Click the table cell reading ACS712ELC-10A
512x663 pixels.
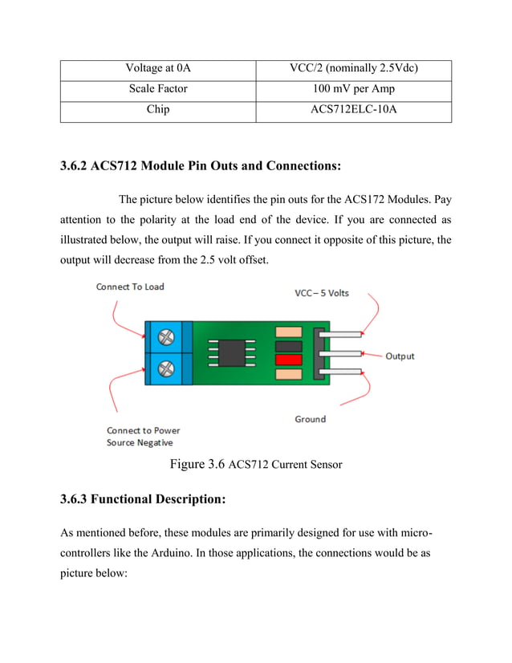(353, 109)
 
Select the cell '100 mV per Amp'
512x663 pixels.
(353, 89)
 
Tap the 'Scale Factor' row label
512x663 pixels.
(158, 89)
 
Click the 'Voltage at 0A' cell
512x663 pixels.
(158, 69)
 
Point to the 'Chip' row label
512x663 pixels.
(158, 109)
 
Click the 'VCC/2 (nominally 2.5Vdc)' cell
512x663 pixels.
(353, 69)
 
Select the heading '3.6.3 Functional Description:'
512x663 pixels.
(143, 499)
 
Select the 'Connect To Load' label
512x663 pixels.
(130, 287)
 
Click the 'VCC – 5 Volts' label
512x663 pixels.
(321, 293)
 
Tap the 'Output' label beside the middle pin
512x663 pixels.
(400, 356)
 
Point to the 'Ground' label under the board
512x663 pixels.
(310, 419)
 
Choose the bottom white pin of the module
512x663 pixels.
(342, 370)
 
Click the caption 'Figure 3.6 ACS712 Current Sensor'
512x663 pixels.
(255, 464)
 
